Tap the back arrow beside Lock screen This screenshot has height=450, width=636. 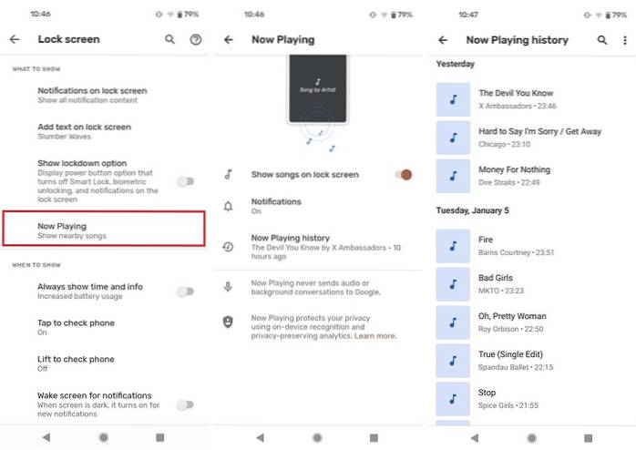pos(15,39)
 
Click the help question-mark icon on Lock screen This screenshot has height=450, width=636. pos(196,39)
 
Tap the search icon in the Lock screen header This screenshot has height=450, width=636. pos(170,39)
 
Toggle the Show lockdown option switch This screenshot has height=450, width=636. pos(185,181)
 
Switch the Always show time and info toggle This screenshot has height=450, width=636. pos(185,291)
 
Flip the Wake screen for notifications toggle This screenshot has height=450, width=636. pos(185,404)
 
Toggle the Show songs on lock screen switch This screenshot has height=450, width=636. pos(404,175)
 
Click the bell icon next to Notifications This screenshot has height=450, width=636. pos(229,207)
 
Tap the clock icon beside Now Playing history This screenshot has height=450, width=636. pos(228,247)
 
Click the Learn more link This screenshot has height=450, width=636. pos(375,336)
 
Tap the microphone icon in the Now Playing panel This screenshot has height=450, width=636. pos(228,287)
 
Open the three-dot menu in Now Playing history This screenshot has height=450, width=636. pos(625,40)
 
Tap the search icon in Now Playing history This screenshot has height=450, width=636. pos(602,40)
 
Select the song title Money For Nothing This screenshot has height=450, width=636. pos(514,169)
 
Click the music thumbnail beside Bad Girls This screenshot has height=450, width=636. pos(453,284)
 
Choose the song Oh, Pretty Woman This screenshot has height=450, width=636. pos(512,316)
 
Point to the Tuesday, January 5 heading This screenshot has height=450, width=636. pos(473,210)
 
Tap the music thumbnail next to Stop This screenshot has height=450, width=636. pos(453,399)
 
